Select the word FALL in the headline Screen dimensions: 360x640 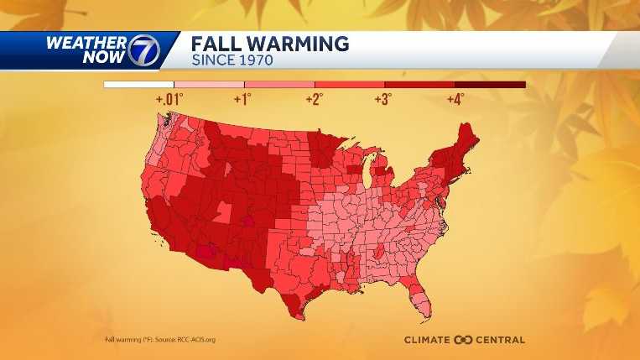tap(216, 44)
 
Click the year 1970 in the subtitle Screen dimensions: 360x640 tap(254, 60)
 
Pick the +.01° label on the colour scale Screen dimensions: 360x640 tap(169, 99)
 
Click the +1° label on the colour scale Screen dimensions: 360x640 tap(242, 99)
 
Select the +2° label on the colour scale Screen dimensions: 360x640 tap(313, 99)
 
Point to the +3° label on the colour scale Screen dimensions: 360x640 tap(383, 99)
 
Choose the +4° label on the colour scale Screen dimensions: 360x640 tap(454, 99)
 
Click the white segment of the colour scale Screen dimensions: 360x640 tap(138, 85)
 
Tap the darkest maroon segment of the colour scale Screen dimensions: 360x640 tap(490, 85)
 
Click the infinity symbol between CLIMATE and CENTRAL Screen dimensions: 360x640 tap(464, 340)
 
